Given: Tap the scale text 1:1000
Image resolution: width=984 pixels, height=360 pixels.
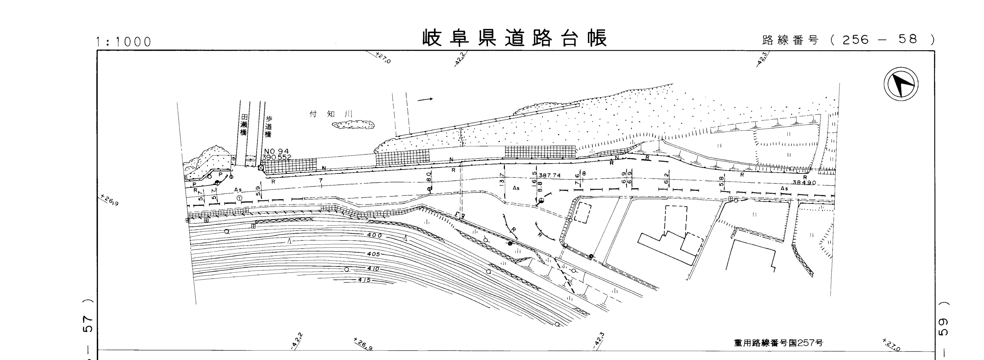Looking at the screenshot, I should (x=124, y=42).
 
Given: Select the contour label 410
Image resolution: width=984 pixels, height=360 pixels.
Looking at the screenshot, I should (x=373, y=269).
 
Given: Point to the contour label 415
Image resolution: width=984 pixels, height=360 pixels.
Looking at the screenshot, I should (x=364, y=280).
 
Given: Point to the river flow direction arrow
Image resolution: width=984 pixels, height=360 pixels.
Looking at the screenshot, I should (x=425, y=100).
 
